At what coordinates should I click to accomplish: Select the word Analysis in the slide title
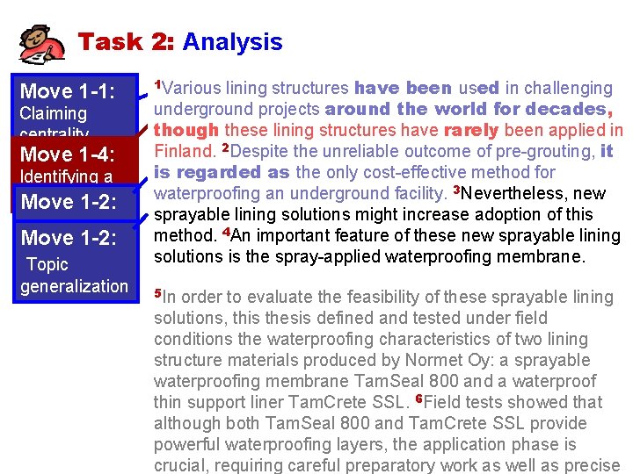click(232, 41)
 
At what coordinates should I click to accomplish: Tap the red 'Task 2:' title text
click(127, 41)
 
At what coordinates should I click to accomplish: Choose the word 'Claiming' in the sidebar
click(53, 113)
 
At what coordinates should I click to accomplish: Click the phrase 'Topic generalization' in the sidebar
click(75, 275)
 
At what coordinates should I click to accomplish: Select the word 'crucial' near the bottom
click(181, 465)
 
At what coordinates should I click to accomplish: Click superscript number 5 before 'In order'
click(157, 292)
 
